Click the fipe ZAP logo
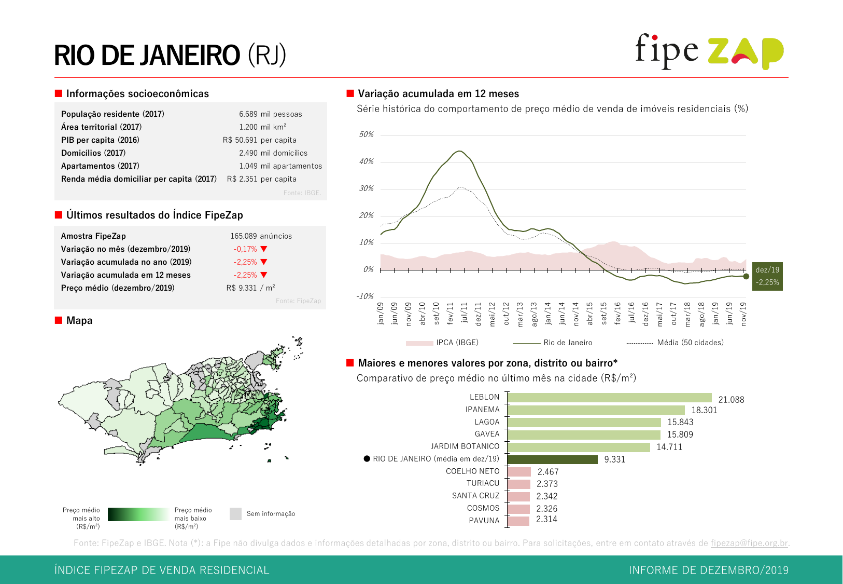point(709,51)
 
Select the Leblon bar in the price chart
point(609,398)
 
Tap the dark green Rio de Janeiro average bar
point(552,459)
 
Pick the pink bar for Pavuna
point(518,521)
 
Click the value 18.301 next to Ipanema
point(704,410)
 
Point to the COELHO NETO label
point(472,471)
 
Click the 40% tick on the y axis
point(366,161)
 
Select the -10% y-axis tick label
point(364,296)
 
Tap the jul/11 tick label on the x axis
point(464,313)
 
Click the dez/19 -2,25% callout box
point(767,276)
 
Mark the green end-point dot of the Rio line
point(746,276)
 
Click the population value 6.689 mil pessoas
point(270,114)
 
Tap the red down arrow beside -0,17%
point(264,249)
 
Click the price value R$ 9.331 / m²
point(250,288)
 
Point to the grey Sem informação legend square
point(235,514)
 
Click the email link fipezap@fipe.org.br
point(749,543)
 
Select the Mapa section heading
point(79,321)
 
